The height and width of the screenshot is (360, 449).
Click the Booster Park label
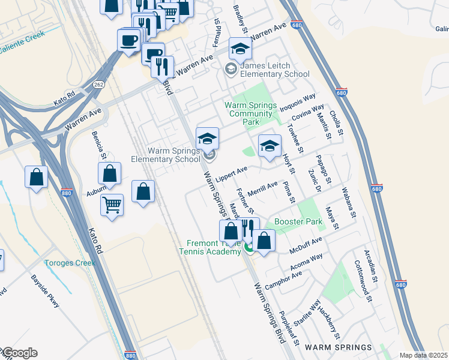pos(298,221)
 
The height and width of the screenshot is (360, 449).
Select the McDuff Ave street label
pos(306,244)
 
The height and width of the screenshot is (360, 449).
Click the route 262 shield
pos(99,85)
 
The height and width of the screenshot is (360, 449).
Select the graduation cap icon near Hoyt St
pos(270,146)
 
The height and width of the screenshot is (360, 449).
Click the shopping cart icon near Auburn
pos(112,205)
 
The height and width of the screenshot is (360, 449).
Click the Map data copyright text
pos(424,355)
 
